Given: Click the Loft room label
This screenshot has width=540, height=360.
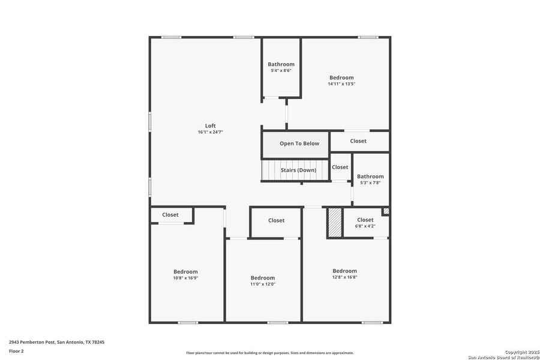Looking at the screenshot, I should tap(210, 125).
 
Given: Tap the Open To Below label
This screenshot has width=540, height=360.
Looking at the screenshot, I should tap(299, 143).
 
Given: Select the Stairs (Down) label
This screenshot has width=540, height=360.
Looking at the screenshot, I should tap(298, 170).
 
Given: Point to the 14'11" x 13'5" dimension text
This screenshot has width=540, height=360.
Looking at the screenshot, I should tap(341, 84).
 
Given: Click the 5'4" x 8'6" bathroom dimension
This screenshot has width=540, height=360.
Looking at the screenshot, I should tap(281, 71).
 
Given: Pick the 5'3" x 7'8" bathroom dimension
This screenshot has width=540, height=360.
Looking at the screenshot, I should tap(370, 183).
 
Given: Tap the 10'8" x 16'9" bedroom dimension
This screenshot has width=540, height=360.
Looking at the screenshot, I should tap(185, 278).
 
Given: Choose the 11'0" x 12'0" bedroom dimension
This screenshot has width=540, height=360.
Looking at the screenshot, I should tap(263, 284).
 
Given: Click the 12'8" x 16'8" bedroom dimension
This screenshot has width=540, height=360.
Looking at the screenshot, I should tap(344, 278).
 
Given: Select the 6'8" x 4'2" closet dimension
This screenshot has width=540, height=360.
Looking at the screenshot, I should tap(365, 226).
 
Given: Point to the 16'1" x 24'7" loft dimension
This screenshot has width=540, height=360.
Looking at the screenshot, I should tap(210, 132).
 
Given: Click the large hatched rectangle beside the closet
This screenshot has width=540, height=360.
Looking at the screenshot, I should tap(334, 223).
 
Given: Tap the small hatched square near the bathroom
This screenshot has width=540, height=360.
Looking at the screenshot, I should tap(386, 211).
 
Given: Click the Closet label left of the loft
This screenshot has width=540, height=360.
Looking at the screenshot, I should tap(170, 215).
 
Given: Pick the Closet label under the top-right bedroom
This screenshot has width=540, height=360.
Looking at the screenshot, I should tap(358, 141).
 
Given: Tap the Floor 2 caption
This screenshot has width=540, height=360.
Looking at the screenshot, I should tap(16, 350).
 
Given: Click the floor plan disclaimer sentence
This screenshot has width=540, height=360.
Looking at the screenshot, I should tap(269, 353).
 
